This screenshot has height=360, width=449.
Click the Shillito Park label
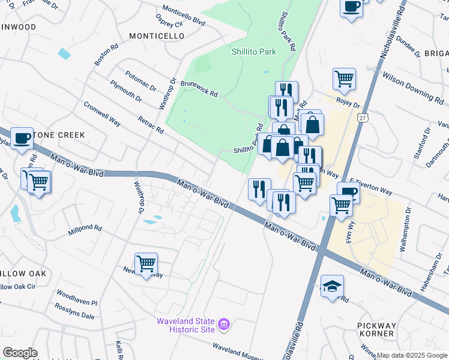tap(254, 52)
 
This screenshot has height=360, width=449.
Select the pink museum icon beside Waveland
tap(224, 325)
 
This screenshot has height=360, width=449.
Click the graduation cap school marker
tap(332, 286)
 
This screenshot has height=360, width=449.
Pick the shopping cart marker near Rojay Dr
tap(344, 78)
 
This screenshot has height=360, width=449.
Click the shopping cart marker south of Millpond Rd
tap(146, 263)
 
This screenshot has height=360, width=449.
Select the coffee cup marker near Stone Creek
tap(22, 137)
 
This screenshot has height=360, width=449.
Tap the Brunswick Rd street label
tap(199, 88)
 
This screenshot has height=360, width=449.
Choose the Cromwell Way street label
tap(102, 113)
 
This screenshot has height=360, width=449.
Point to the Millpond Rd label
tap(85, 229)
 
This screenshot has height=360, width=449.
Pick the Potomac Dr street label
tap(141, 80)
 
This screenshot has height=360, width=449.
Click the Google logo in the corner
tap(20, 353)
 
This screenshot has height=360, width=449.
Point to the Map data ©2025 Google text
tap(412, 355)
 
